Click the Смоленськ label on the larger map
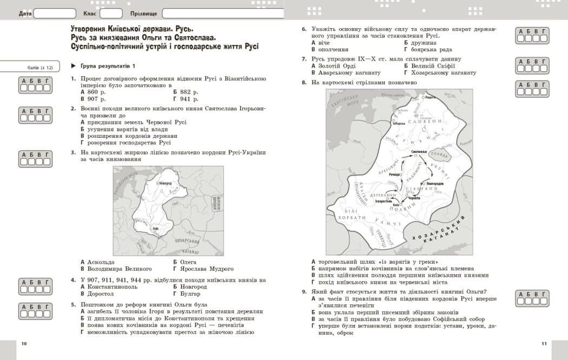pos(419,151)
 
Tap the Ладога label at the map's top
pos(431,98)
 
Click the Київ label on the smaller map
pos(156,229)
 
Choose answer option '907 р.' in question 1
pos(95,99)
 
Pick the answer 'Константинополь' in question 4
pos(112,287)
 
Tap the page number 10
pos(23,344)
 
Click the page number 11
pos(544,344)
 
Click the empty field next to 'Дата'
pos(54,14)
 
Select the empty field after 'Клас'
pos(111,14)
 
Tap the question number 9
pos(304,292)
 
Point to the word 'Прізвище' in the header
pos(144,14)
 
